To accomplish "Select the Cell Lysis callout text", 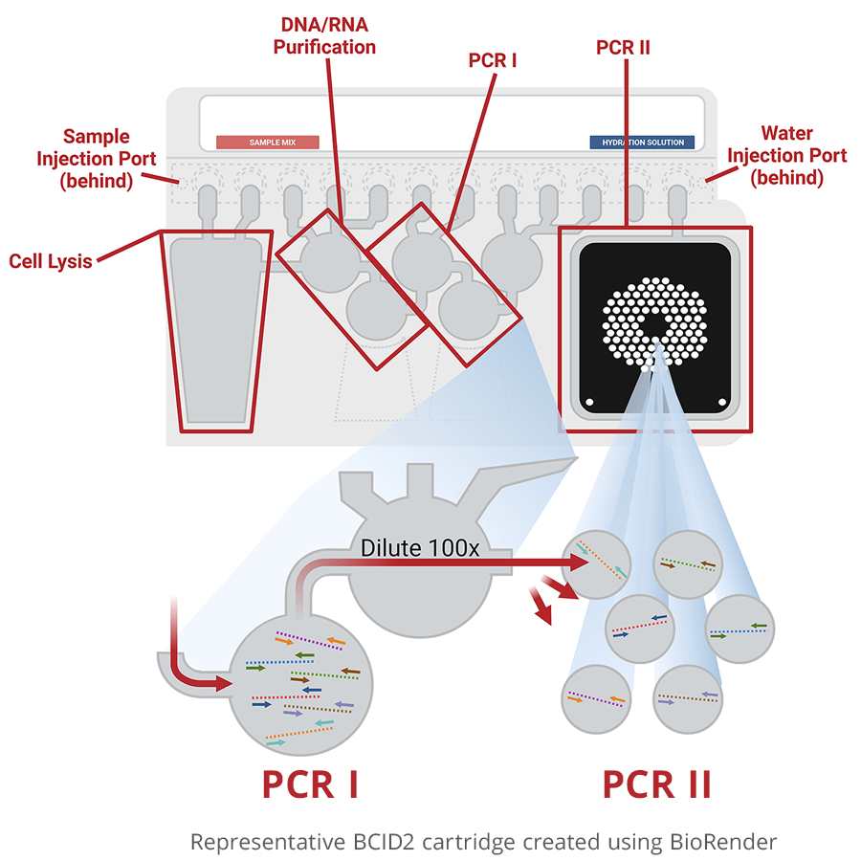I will [51, 260].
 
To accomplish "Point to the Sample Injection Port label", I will [97, 158].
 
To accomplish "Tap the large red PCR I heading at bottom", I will [310, 784].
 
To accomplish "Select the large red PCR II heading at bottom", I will [656, 784].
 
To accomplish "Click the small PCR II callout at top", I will [623, 47].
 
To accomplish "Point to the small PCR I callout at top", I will [493, 60].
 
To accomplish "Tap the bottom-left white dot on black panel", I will [590, 402].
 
